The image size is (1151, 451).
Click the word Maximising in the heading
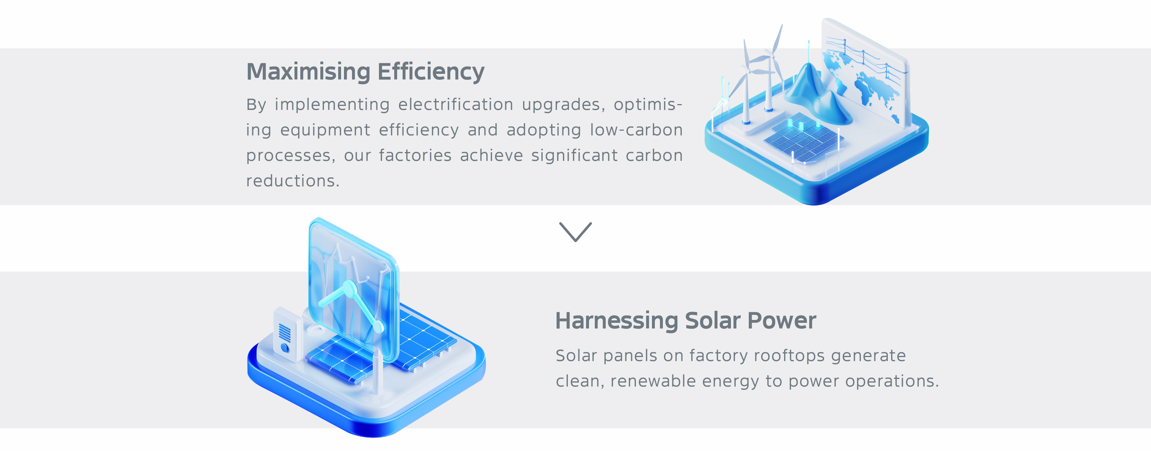(308, 71)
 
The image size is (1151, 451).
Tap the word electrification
(456, 104)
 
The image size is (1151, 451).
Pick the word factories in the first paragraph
(415, 155)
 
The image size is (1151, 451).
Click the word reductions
(293, 181)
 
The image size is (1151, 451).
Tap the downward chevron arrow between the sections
(575, 232)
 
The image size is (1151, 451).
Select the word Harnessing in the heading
(617, 321)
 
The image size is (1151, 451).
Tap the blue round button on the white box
(285, 347)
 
